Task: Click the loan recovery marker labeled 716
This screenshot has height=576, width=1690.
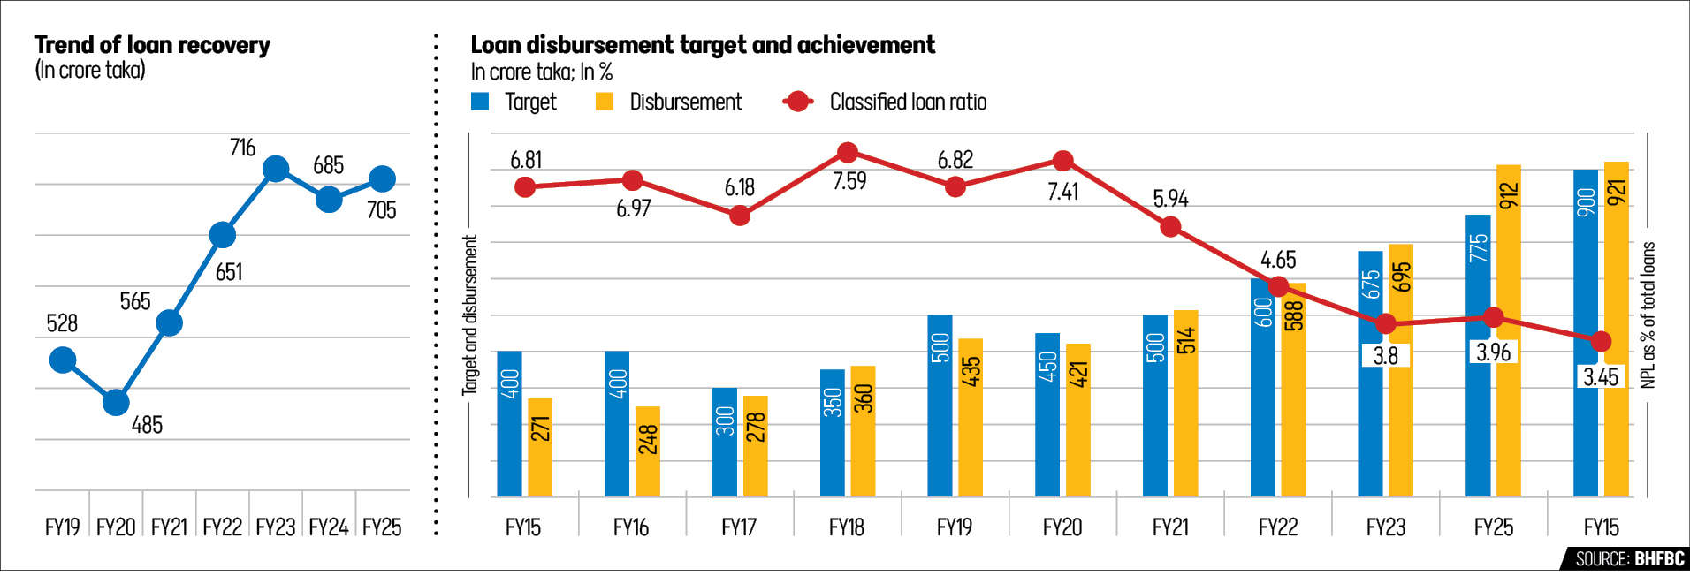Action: pos(276,168)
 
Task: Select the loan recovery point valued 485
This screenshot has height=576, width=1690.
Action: pos(116,402)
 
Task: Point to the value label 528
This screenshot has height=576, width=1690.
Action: pos(62,323)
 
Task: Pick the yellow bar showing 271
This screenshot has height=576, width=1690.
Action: pos(540,447)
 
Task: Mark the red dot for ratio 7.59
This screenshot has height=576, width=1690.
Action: pos(847,153)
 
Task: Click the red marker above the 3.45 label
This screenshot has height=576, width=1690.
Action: pos(1601,341)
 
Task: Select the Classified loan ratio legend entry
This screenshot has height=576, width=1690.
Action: pos(885,102)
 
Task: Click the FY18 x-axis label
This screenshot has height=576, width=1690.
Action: pos(846,527)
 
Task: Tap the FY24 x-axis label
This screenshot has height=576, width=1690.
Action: pos(328,527)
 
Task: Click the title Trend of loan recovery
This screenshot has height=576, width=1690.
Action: pos(152,45)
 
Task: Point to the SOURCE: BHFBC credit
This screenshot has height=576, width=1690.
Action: pos(1629,558)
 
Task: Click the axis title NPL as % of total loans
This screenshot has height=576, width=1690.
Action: pos(1648,315)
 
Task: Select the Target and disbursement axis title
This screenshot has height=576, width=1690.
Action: pos(470,315)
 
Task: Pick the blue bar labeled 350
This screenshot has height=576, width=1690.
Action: pos(833,433)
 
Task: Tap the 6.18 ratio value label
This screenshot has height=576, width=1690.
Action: pos(740,187)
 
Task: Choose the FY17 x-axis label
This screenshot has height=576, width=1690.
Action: pos(739,527)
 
